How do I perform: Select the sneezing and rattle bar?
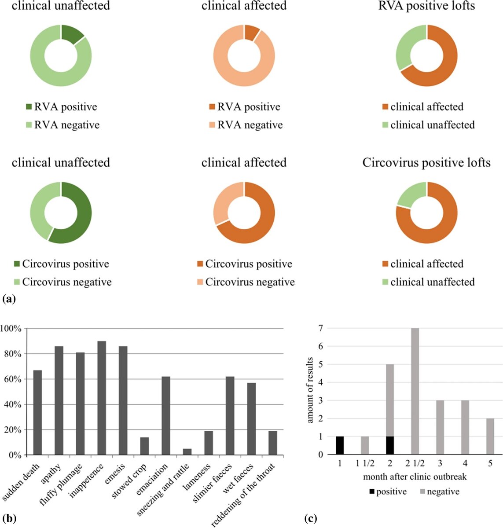187,451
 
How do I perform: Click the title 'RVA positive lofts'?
426,6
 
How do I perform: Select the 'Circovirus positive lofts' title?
426,163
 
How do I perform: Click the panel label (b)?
9,518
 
